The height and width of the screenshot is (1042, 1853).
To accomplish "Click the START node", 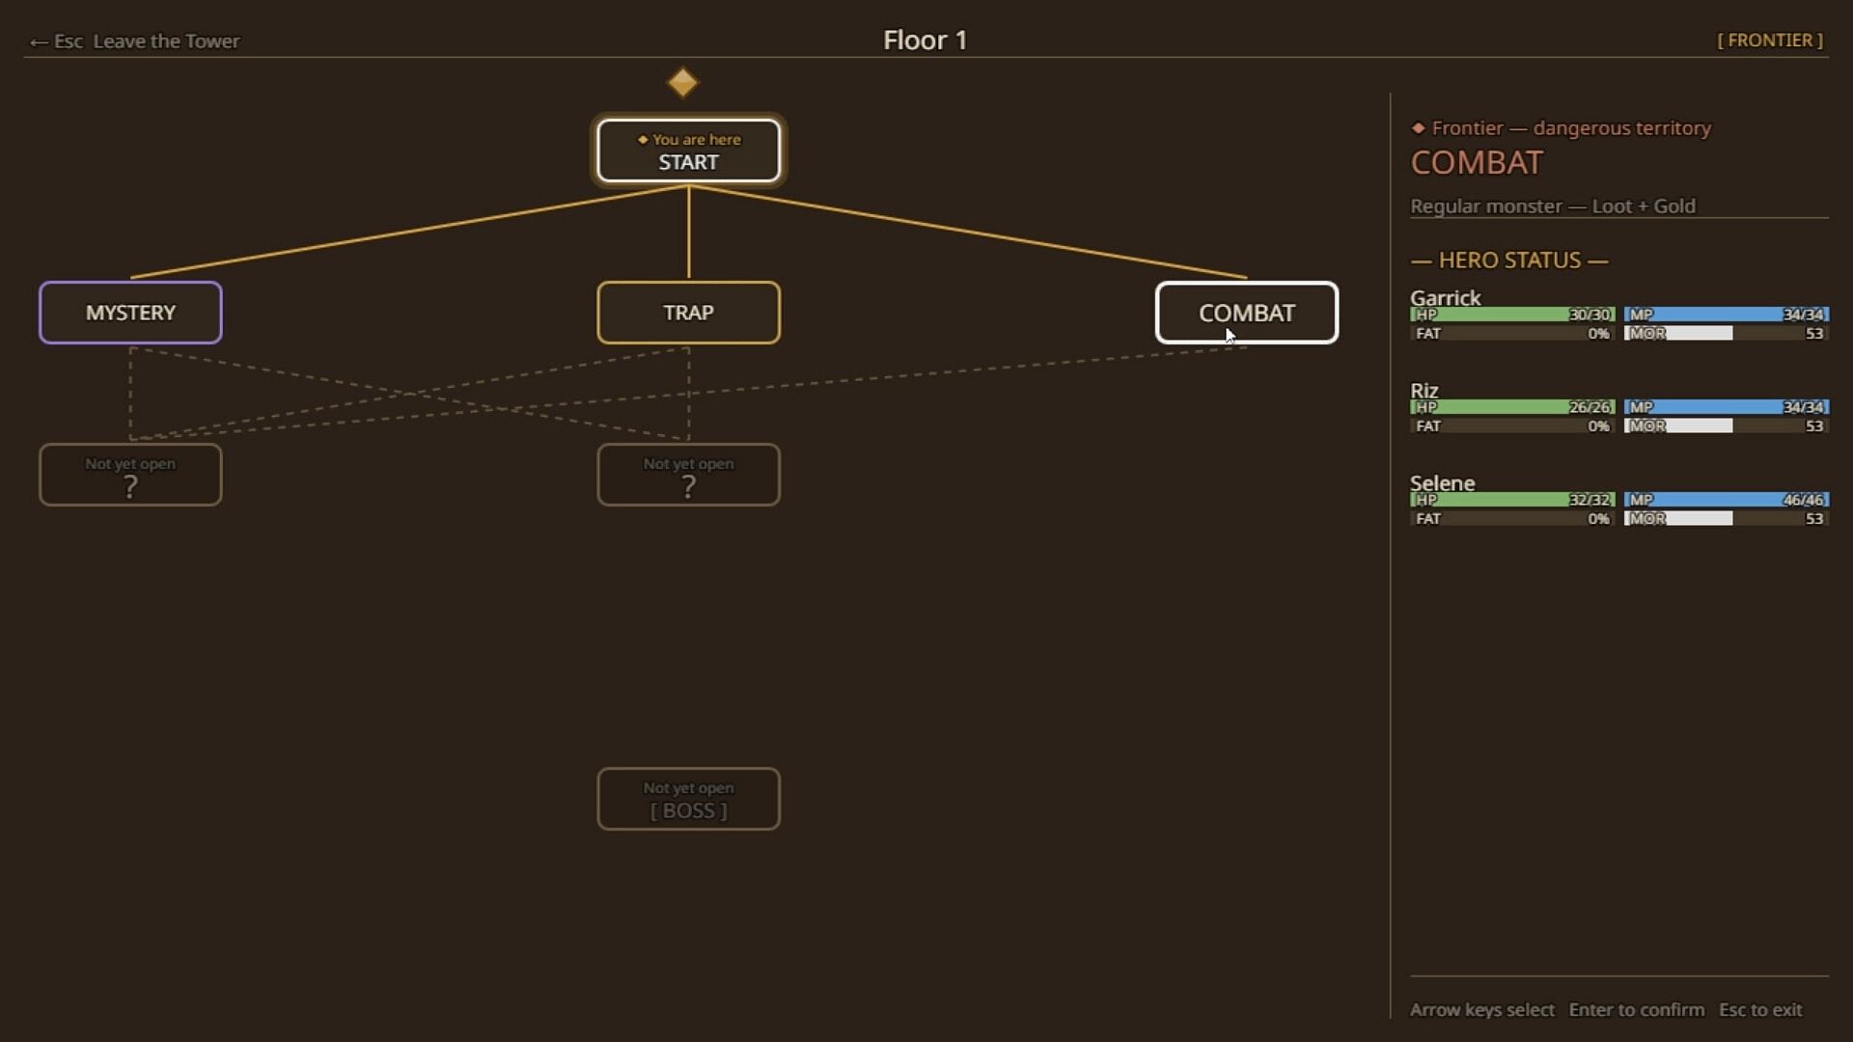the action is (688, 151).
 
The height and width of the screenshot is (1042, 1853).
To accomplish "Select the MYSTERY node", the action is (130, 313).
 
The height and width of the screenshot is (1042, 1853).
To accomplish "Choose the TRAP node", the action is (688, 313).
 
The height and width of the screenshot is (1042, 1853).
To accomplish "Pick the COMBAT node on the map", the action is (1247, 313).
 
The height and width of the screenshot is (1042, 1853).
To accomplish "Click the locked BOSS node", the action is (688, 799).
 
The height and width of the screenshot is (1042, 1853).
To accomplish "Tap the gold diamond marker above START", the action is (682, 82).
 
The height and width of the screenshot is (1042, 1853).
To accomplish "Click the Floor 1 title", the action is (925, 40).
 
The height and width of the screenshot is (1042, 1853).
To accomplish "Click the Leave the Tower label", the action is (166, 41).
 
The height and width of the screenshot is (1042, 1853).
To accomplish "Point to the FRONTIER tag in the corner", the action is (1770, 40).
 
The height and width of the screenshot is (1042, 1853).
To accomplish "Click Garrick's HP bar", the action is (1512, 315).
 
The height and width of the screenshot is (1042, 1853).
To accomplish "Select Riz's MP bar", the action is (1726, 407).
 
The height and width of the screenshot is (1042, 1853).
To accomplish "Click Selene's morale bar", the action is (1726, 518).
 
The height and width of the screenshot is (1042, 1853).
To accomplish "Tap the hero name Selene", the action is (1442, 482).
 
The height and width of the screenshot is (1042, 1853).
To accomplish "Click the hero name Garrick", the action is (1445, 297).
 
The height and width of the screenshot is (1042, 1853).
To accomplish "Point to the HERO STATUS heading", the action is (1509, 260).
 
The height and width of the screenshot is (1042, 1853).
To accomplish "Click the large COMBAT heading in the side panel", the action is (1477, 162).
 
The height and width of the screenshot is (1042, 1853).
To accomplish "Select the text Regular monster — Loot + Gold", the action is (1553, 206).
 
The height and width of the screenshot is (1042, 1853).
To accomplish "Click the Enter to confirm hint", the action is (1637, 1009).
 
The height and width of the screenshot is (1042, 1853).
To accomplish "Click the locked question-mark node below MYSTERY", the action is (130, 475).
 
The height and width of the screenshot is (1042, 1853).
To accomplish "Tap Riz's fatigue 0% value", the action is (1598, 425).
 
